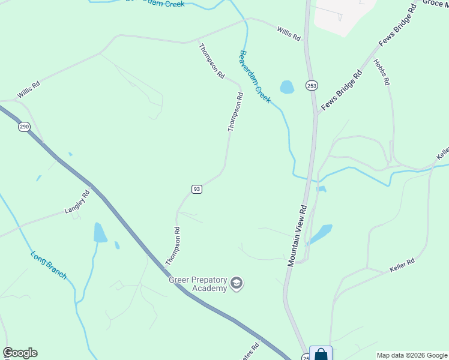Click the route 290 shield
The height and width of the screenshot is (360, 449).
24,127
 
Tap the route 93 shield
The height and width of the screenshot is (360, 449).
197,189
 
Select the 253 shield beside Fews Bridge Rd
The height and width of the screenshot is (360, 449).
312,86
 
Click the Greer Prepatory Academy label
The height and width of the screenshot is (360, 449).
198,284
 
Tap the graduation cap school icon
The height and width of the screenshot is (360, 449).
237,283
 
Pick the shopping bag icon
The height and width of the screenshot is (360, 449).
321,354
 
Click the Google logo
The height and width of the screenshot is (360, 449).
20,353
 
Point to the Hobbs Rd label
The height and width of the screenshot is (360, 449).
381,72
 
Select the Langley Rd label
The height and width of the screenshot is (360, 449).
77,202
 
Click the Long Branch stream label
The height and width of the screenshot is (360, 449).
49,265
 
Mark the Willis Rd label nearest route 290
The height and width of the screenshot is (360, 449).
28,91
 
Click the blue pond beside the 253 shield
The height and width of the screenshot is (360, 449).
287,87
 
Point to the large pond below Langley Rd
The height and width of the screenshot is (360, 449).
100,233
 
